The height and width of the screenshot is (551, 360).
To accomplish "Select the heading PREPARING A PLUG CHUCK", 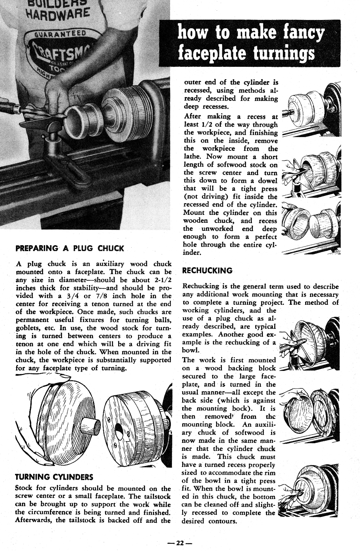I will click(x=70, y=248).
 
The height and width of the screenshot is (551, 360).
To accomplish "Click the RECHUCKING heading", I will click(x=207, y=271).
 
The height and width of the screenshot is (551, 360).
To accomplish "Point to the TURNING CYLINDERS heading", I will click(x=54, y=477).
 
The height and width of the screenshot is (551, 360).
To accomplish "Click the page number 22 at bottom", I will click(x=179, y=543).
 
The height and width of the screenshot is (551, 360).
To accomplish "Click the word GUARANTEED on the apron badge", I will click(x=62, y=34).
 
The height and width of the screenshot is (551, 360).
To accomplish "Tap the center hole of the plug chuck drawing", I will click(x=119, y=430).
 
